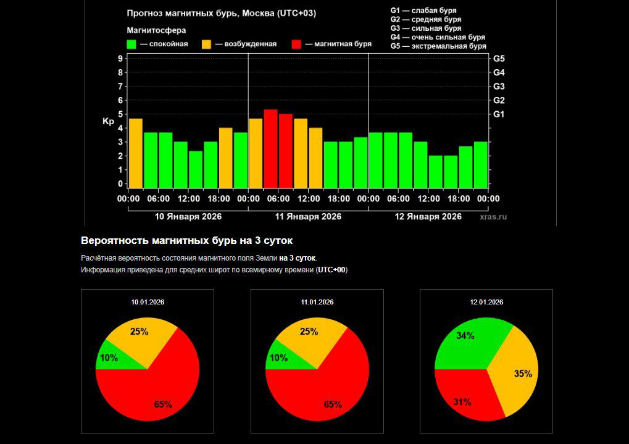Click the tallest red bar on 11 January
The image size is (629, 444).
pos(270,148)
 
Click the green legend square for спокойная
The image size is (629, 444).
pos(131,44)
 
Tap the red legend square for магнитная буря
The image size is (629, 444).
pos(296,44)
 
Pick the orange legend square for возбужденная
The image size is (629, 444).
pos(207,44)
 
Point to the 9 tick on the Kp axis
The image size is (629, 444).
pos(120,59)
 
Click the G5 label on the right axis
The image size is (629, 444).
pos(499,59)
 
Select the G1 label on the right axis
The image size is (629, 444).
pos(499,114)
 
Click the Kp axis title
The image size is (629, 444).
pos(108,122)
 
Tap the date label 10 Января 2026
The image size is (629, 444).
pos(188,217)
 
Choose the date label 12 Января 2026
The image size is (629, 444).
pos(428,217)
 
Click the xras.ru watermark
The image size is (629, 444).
pos(493,217)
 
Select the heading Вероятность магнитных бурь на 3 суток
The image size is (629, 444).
pos(186,240)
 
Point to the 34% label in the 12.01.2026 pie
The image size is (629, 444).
pos(465,336)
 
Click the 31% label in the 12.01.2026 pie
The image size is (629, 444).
pos(462,402)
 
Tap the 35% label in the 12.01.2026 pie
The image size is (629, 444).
pos(523,374)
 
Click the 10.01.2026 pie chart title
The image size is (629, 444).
pos(148,302)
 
